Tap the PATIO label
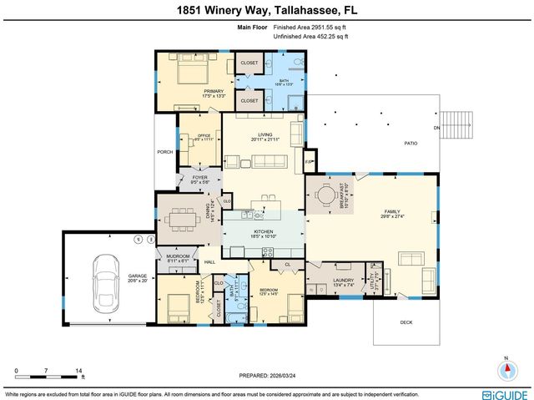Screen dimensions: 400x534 [411, 144]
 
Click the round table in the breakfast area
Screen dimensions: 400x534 [323, 195]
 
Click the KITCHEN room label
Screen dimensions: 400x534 [264, 233]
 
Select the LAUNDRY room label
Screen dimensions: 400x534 [343, 281]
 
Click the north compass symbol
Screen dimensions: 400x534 [506, 371]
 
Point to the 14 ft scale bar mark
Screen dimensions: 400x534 [78, 370]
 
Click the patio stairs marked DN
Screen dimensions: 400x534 [456, 126]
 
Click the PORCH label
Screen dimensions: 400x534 [164, 152]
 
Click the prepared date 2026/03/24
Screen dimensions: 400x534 [267, 373]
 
